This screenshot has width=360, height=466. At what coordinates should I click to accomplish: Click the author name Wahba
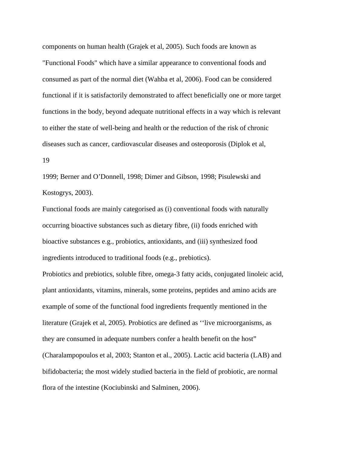point(157,79)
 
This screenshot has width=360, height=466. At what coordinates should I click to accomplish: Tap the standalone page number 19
point(46,160)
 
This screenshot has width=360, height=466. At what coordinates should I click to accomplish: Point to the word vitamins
point(107,290)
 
